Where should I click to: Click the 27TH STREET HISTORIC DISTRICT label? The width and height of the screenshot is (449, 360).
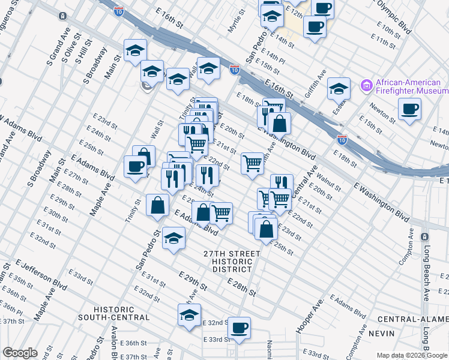point(231,262)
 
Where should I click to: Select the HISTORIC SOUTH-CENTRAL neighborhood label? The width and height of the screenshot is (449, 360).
point(113,313)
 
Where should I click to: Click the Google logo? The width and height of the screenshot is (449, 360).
point(20,353)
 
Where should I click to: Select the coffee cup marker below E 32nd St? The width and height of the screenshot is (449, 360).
point(239,328)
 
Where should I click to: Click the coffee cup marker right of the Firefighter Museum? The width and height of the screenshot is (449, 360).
point(409,109)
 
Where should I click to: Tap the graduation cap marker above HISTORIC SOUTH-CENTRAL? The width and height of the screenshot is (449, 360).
point(189,314)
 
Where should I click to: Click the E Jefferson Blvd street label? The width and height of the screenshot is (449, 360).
point(42,273)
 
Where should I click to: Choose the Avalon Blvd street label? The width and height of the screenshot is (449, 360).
point(114,344)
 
